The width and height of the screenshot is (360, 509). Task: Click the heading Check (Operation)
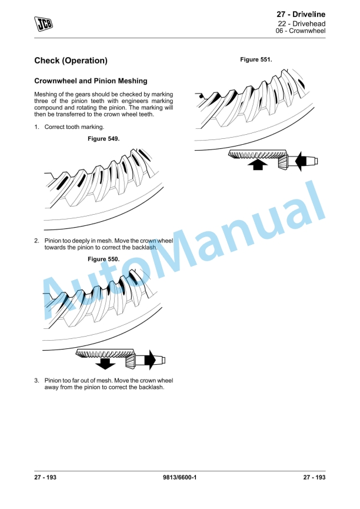[71, 61]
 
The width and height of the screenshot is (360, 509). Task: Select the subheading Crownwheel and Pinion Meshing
[91, 81]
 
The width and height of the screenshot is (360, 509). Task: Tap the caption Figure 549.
[103, 138]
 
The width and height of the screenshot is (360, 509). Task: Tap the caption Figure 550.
[103, 259]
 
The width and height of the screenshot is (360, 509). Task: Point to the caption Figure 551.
[256, 59]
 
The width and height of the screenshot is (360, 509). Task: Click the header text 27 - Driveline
[301, 14]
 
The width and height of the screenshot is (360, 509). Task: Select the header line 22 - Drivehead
[302, 24]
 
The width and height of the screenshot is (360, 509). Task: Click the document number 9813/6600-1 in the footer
[179, 477]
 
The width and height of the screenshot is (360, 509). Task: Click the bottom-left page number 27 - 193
[46, 477]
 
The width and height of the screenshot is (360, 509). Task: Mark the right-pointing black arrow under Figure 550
[151, 359]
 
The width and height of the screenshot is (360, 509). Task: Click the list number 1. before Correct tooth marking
[36, 127]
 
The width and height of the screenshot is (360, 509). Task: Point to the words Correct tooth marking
[74, 127]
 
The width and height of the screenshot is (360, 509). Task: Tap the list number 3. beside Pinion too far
[36, 381]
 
